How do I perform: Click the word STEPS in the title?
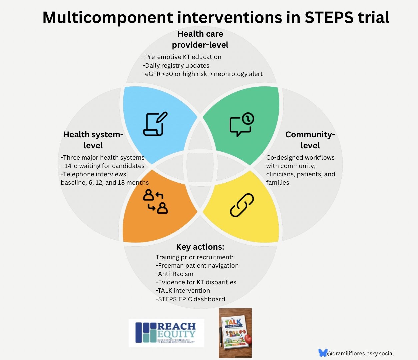point(329,17)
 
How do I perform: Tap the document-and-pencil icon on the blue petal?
point(155,124)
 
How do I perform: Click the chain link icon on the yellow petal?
point(242,205)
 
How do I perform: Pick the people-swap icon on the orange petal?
point(155,201)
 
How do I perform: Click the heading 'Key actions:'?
point(200,247)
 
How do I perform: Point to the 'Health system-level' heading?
point(93,140)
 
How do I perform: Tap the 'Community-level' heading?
point(310,140)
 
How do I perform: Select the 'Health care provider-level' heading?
point(200,39)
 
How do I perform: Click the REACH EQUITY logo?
point(166,333)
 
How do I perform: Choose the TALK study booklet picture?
point(235,333)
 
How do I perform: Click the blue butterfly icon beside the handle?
point(322,353)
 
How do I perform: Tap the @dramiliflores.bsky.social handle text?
point(360,353)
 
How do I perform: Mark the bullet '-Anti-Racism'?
point(175,274)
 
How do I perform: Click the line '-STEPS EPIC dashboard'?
point(190,299)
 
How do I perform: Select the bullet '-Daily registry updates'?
point(176,66)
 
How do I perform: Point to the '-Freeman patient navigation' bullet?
point(197,266)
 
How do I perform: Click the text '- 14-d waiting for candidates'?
point(103,166)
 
